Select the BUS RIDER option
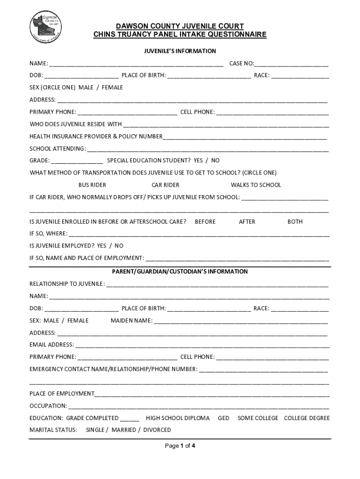(92, 185)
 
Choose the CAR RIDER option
(166, 185)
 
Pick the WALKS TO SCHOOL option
(256, 185)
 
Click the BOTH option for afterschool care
(295, 222)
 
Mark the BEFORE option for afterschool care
(205, 222)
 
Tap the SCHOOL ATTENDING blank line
(208, 149)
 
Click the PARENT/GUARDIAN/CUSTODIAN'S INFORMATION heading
(180, 272)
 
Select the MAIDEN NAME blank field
(241, 321)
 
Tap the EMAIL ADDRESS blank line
(202, 345)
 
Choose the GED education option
(223, 418)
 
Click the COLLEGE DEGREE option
(307, 418)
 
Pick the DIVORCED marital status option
(157, 430)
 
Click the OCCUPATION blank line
(198, 406)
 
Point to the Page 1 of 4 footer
(180, 446)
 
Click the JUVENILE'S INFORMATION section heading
(180, 51)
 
